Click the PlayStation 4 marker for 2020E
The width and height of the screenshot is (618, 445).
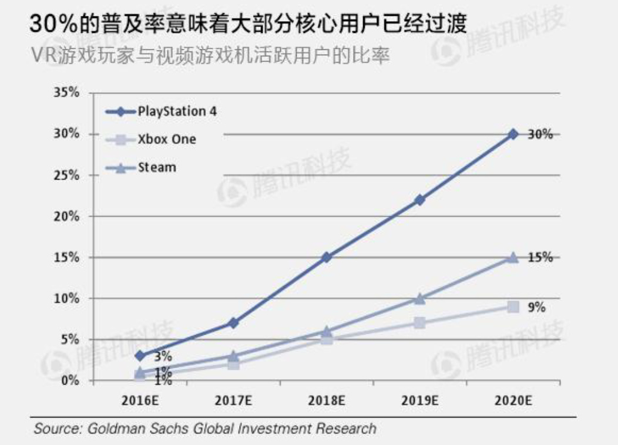(513, 134)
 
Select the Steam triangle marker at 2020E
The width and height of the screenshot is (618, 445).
(513, 257)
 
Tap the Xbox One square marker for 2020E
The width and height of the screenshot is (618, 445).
(513, 306)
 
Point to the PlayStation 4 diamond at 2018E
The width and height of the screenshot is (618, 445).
(327, 257)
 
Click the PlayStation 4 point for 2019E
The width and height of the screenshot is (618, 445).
(419, 200)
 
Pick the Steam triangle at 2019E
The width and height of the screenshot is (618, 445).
(419, 298)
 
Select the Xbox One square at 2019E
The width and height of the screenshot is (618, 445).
(419, 323)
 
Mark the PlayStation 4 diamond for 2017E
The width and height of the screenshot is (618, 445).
(233, 323)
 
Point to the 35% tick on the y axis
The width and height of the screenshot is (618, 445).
(67, 93)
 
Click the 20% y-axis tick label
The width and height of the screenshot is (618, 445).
(67, 216)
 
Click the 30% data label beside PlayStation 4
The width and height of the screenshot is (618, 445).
(539, 134)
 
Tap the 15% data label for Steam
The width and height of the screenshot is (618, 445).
(539, 257)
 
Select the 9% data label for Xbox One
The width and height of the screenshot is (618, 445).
(536, 306)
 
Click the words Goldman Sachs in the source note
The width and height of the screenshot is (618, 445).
(129, 428)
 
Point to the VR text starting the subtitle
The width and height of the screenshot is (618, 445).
(43, 58)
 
